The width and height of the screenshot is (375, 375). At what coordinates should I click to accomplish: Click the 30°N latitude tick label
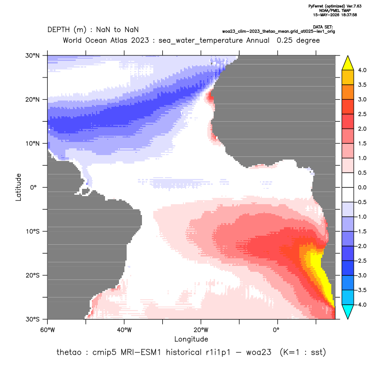click(x=32, y=55)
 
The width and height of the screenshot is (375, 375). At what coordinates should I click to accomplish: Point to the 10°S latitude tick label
click(x=32, y=232)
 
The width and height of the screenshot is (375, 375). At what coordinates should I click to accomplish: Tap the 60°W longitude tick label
click(x=47, y=330)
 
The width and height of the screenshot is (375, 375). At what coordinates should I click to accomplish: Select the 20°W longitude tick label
click(x=201, y=330)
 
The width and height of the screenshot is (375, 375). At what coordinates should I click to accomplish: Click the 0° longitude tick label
click(x=276, y=330)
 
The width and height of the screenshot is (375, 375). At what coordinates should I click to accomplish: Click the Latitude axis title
click(x=18, y=187)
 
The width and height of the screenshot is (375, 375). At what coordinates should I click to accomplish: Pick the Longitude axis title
click(x=191, y=339)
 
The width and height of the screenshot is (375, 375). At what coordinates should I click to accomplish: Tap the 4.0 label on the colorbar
click(x=362, y=70)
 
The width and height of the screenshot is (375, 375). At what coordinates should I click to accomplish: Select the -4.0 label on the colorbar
click(x=361, y=305)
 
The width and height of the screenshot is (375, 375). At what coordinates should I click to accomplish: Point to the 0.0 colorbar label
click(x=362, y=187)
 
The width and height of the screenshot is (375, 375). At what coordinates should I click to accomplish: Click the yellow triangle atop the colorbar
click(x=348, y=63)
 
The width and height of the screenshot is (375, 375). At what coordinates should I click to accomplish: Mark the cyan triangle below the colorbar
click(x=348, y=312)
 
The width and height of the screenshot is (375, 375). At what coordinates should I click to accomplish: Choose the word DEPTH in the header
click(x=59, y=30)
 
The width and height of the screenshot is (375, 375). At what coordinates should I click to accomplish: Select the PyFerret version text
click(x=335, y=6)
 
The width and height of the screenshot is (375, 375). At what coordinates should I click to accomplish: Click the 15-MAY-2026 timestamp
click(x=335, y=15)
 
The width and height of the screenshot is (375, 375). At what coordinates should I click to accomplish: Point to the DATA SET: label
click(x=323, y=27)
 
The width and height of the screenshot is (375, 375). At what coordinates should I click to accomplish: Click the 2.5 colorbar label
click(x=362, y=114)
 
